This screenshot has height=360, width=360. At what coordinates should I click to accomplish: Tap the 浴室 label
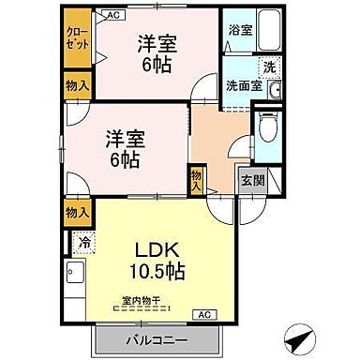pos(239,30)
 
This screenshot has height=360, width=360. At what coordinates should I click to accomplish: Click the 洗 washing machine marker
pos(268,67)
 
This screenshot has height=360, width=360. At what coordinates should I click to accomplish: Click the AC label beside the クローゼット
pos(111,16)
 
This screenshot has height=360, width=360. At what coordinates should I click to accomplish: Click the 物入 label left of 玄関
pos(197,178)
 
